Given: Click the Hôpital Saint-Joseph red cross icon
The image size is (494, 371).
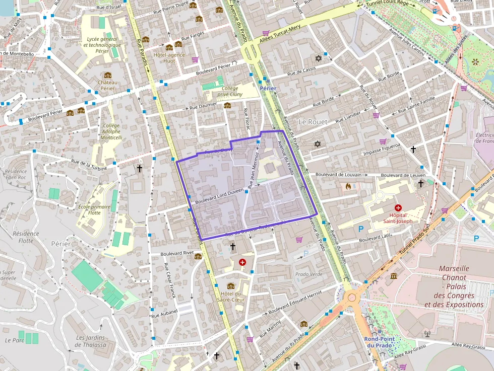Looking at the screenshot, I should click(x=398, y=207).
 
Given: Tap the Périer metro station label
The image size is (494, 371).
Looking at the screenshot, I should click(x=268, y=88).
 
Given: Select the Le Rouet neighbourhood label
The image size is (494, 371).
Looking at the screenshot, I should click(x=313, y=122).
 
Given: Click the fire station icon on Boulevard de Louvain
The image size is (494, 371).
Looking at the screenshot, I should click(x=348, y=186).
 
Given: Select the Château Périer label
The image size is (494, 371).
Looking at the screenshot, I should click(x=107, y=85).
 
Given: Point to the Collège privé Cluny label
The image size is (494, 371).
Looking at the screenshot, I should click(x=230, y=91).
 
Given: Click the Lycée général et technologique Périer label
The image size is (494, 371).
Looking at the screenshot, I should click(x=102, y=45).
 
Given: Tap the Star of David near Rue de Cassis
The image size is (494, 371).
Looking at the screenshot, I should click(x=318, y=57).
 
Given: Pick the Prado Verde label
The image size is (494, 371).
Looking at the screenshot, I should click(x=308, y=274).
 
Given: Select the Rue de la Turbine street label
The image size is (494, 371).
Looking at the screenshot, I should click(x=89, y=165).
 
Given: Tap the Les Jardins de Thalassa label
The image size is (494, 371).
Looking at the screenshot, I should click(x=91, y=341).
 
